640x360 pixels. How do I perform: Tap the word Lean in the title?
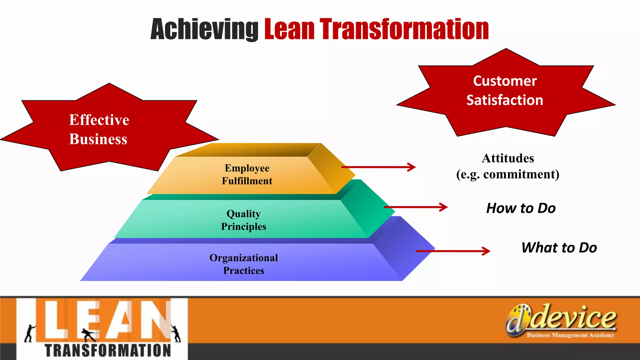click(289, 30)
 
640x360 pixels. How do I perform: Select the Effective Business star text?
click(99, 129)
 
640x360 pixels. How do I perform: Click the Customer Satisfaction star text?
click(505, 91)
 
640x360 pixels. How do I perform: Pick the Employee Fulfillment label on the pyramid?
click(247, 174)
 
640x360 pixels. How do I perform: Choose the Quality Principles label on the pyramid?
click(243, 220)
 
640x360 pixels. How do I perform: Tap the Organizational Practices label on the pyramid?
click(243, 264)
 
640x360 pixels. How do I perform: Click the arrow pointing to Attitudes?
click(378, 167)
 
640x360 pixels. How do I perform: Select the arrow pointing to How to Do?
click(416, 207)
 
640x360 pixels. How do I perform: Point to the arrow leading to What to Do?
click(453, 251)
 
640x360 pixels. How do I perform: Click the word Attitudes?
click(508, 158)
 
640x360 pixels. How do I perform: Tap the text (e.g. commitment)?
click(508, 174)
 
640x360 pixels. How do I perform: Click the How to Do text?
click(521, 208)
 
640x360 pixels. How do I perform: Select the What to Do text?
click(559, 248)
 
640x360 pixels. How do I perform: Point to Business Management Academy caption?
click(570, 335)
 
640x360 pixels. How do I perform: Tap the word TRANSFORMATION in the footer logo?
click(108, 351)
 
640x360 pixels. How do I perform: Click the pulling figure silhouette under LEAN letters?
click(89, 335)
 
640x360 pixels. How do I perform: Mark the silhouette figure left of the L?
click(29, 333)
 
